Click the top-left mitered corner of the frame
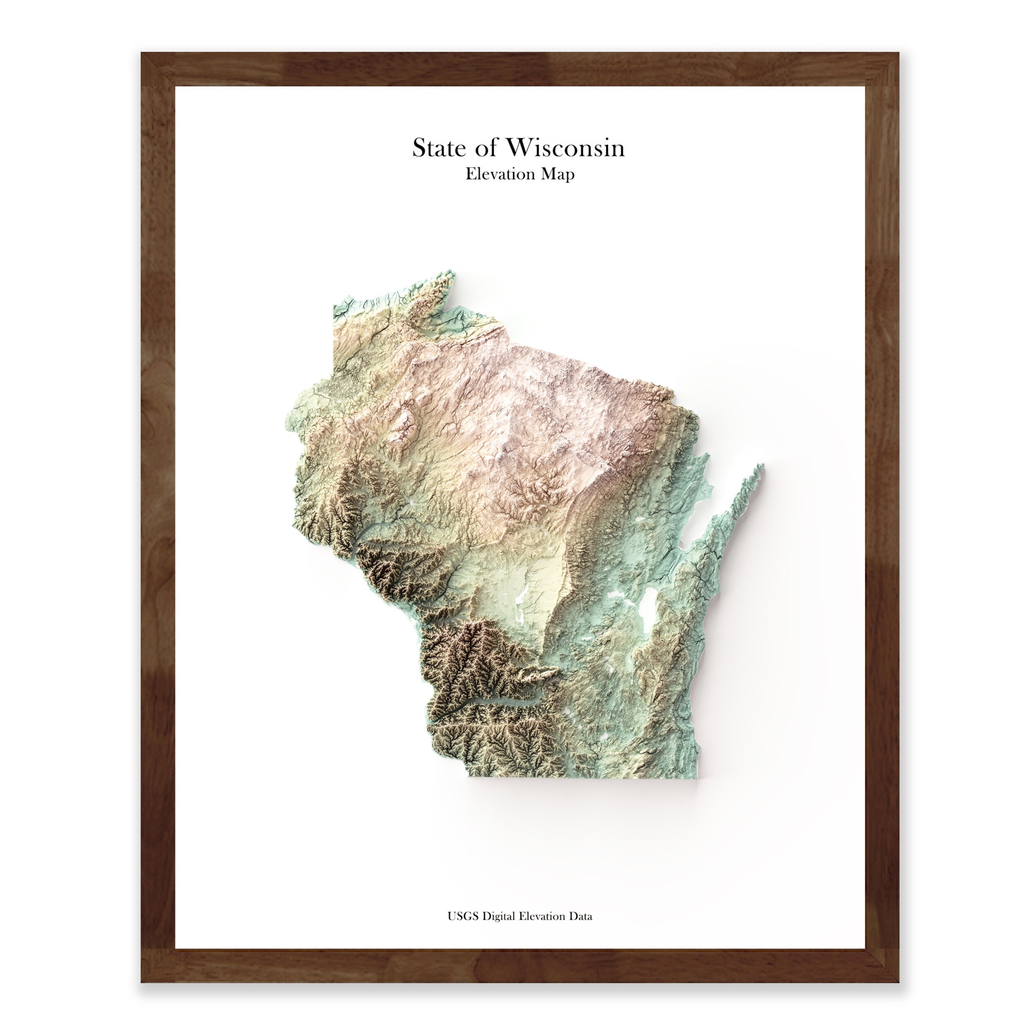point(158,69)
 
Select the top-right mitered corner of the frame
point(882,69)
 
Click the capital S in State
point(419,148)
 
